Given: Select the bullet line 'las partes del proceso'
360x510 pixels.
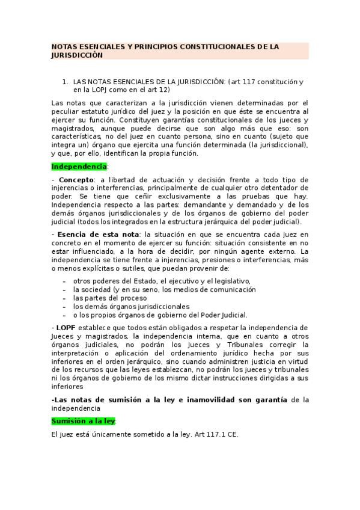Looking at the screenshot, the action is (111, 298).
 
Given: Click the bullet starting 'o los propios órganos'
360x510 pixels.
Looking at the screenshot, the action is (160, 315).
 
